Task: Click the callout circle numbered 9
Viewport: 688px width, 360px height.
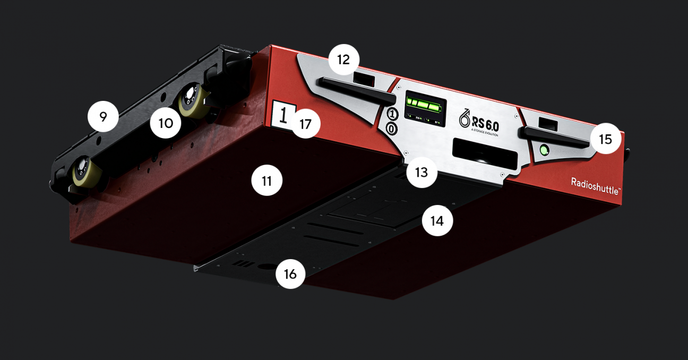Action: pyautogui.click(x=103, y=116)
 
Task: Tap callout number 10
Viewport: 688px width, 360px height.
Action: pyautogui.click(x=165, y=123)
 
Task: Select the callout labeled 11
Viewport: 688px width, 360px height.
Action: pyautogui.click(x=266, y=181)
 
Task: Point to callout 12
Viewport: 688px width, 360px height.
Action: pyautogui.click(x=343, y=59)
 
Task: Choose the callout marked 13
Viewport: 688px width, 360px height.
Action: pyautogui.click(x=422, y=172)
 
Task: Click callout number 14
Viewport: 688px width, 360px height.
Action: pyautogui.click(x=437, y=220)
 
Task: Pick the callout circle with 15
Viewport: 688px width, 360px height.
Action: pyautogui.click(x=605, y=139)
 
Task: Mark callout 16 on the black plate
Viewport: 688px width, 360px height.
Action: pyautogui.click(x=290, y=273)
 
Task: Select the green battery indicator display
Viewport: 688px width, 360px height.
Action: pyautogui.click(x=426, y=105)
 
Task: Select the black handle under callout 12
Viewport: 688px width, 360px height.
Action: pyautogui.click(x=356, y=89)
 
